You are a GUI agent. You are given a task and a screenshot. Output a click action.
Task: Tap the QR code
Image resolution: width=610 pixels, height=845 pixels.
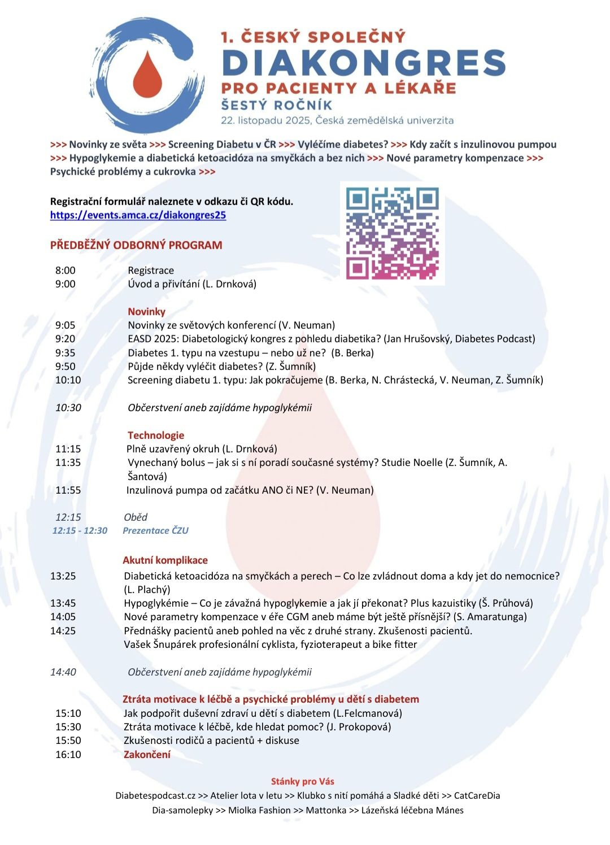[x=393, y=233]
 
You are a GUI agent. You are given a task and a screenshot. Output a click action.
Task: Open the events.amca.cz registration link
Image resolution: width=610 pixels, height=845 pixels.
[x=138, y=215]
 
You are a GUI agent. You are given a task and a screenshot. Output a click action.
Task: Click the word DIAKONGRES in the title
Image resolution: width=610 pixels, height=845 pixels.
[x=364, y=63]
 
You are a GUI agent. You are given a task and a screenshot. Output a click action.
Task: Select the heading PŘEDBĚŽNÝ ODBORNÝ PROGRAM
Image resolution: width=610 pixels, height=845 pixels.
[x=136, y=245]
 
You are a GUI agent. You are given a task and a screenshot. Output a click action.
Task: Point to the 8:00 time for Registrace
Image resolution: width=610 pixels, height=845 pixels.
[x=66, y=271]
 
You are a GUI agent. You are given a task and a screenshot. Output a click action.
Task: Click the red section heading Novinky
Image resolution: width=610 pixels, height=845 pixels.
[x=146, y=312]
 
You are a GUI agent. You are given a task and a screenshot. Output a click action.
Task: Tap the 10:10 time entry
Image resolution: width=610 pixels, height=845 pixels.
[x=68, y=380]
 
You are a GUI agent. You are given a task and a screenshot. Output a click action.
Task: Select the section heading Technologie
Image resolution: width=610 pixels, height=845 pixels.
[x=156, y=435]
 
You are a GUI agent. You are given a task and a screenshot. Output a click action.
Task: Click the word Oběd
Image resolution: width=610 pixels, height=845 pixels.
[x=136, y=517]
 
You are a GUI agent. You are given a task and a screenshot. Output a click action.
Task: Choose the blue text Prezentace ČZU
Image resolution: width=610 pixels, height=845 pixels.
[x=155, y=531]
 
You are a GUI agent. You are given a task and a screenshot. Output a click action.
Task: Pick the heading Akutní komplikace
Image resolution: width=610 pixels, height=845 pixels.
[x=165, y=560]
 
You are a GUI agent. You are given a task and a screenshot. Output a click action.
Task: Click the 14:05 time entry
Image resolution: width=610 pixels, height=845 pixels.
[x=63, y=617]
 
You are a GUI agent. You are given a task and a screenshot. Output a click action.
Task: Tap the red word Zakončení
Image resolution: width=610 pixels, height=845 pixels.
[x=147, y=755]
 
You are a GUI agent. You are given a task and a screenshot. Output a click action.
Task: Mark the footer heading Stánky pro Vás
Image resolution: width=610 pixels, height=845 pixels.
[x=303, y=782]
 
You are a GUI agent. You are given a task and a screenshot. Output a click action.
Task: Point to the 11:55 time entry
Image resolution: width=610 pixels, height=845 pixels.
[x=68, y=490]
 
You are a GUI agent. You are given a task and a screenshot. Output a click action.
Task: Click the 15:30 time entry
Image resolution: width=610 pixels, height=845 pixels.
[x=68, y=727]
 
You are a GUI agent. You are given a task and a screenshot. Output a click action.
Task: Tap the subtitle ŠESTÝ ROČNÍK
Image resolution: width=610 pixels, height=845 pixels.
[x=277, y=105]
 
